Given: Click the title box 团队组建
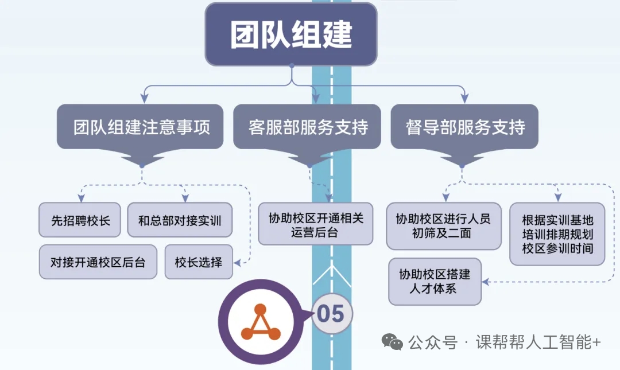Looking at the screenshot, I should click(291, 34).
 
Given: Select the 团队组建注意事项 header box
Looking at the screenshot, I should click(140, 127).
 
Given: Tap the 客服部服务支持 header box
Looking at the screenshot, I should click(307, 127).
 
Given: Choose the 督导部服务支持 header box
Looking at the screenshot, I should click(464, 127).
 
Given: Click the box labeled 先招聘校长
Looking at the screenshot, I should click(80, 220).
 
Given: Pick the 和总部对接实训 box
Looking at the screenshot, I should click(179, 220).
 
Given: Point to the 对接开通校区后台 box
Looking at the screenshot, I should click(98, 262).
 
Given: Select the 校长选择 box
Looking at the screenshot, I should click(198, 262).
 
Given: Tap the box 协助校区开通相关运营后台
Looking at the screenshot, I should click(315, 224).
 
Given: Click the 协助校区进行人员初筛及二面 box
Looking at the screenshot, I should click(443, 226).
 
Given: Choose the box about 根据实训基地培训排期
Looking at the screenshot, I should click(557, 234).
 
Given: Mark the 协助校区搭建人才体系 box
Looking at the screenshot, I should click(434, 282).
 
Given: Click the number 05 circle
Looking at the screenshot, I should click(331, 314).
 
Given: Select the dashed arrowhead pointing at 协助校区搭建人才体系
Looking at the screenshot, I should click(486, 282).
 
